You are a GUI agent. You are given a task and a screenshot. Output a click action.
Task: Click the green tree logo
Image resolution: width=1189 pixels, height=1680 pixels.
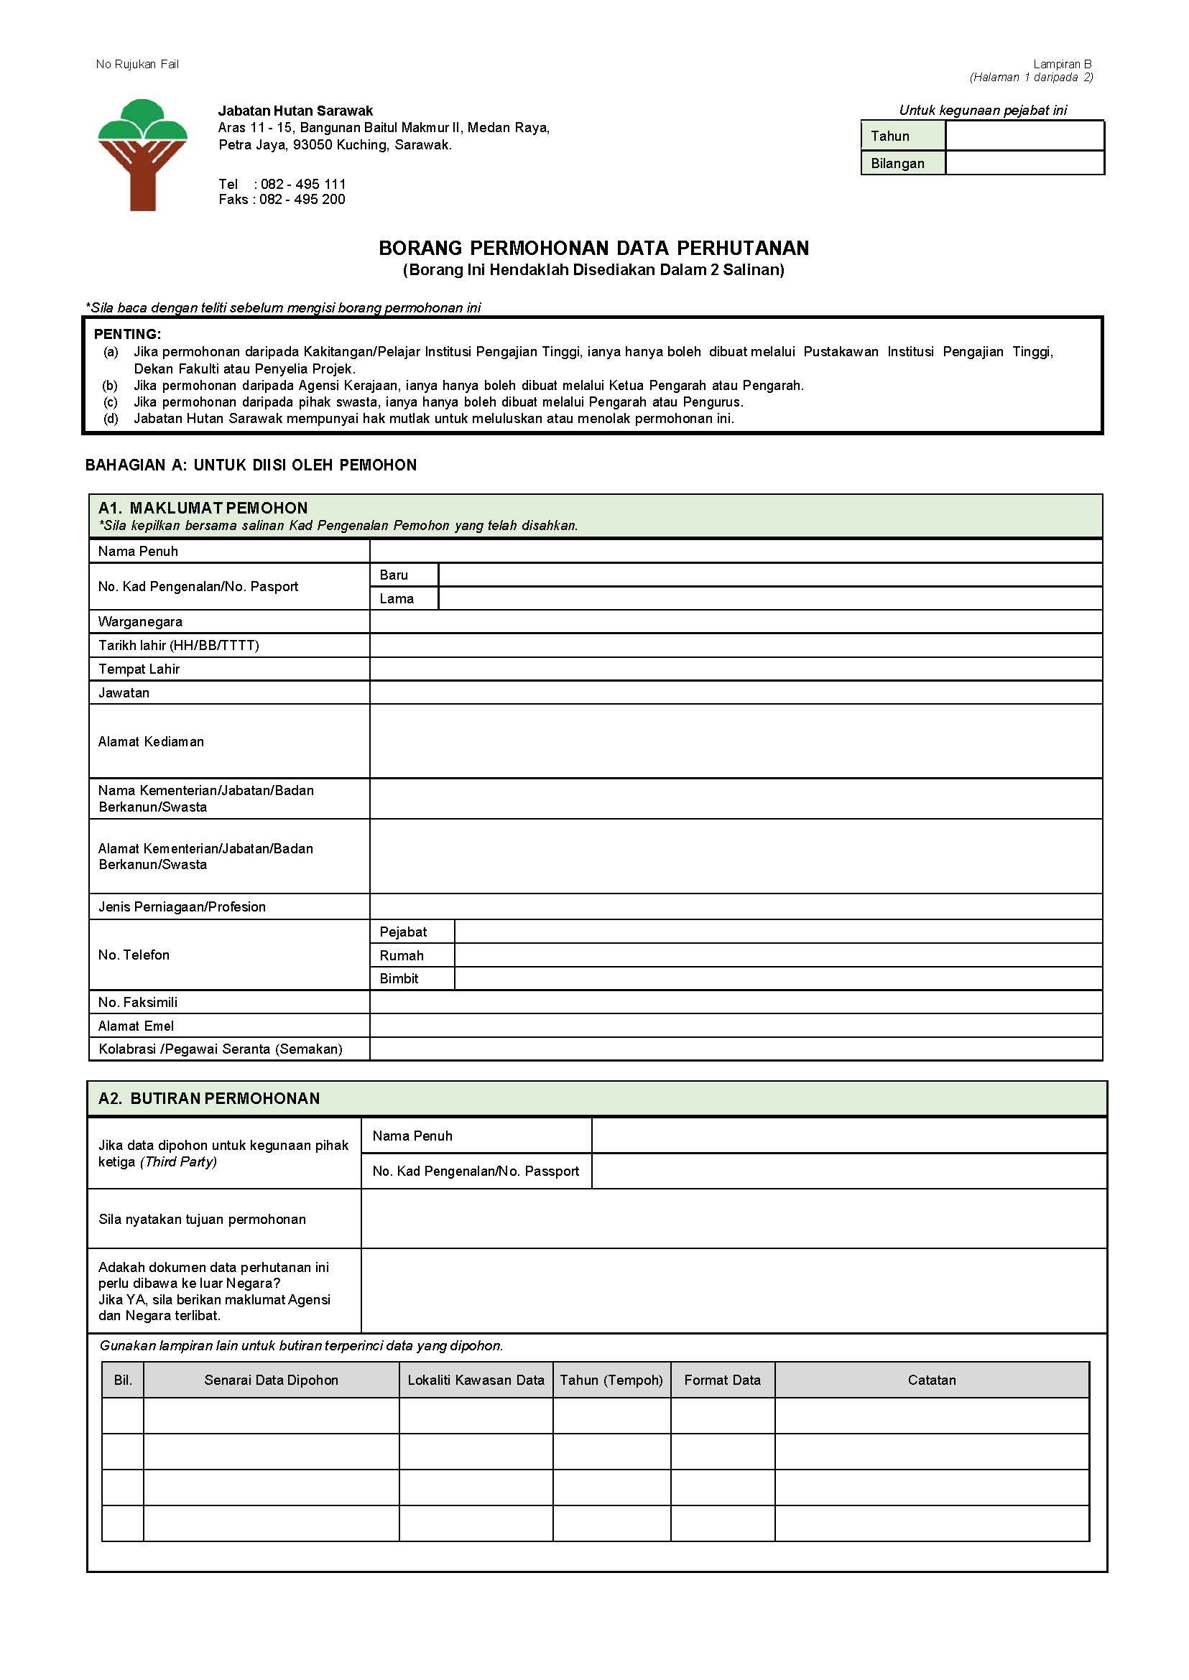click(x=143, y=154)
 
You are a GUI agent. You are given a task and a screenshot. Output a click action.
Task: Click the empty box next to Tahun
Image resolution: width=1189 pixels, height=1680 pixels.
click(x=1024, y=136)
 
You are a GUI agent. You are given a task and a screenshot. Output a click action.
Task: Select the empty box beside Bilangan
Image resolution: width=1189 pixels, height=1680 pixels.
click(x=1024, y=162)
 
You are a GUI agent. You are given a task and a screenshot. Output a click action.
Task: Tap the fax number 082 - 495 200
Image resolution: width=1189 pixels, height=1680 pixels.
click(x=302, y=199)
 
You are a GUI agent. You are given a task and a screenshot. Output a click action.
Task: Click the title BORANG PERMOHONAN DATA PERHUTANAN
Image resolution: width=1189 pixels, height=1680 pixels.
click(x=593, y=247)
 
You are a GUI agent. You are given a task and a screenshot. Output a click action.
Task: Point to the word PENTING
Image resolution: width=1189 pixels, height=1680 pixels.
click(x=127, y=334)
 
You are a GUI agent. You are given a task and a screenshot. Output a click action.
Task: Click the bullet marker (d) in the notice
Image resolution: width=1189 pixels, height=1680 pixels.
click(x=111, y=419)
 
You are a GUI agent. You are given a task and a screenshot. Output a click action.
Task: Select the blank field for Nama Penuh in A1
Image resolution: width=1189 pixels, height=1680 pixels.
click(x=735, y=550)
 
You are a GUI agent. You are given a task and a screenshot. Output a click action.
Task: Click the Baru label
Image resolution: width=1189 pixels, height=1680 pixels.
click(x=393, y=575)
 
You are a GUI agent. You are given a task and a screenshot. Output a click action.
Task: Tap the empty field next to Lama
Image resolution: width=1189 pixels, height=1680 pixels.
click(x=769, y=598)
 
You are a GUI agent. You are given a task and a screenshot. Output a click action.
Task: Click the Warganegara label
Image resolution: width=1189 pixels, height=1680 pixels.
click(x=141, y=621)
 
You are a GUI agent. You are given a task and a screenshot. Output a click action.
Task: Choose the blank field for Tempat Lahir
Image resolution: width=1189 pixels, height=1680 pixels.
click(x=735, y=669)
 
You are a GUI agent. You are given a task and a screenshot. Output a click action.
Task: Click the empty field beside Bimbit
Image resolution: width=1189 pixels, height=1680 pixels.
click(x=777, y=978)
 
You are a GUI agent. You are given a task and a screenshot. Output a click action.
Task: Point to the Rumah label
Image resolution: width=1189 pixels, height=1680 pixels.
click(x=401, y=955)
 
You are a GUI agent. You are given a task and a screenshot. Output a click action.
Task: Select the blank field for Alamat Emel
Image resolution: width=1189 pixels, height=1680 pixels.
click(x=735, y=1025)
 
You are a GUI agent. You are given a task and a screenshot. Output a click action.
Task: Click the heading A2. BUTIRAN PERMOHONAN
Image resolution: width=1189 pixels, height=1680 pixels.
click(x=209, y=1098)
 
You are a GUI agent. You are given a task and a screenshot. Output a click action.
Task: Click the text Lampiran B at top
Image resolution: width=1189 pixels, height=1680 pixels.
click(x=1062, y=65)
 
